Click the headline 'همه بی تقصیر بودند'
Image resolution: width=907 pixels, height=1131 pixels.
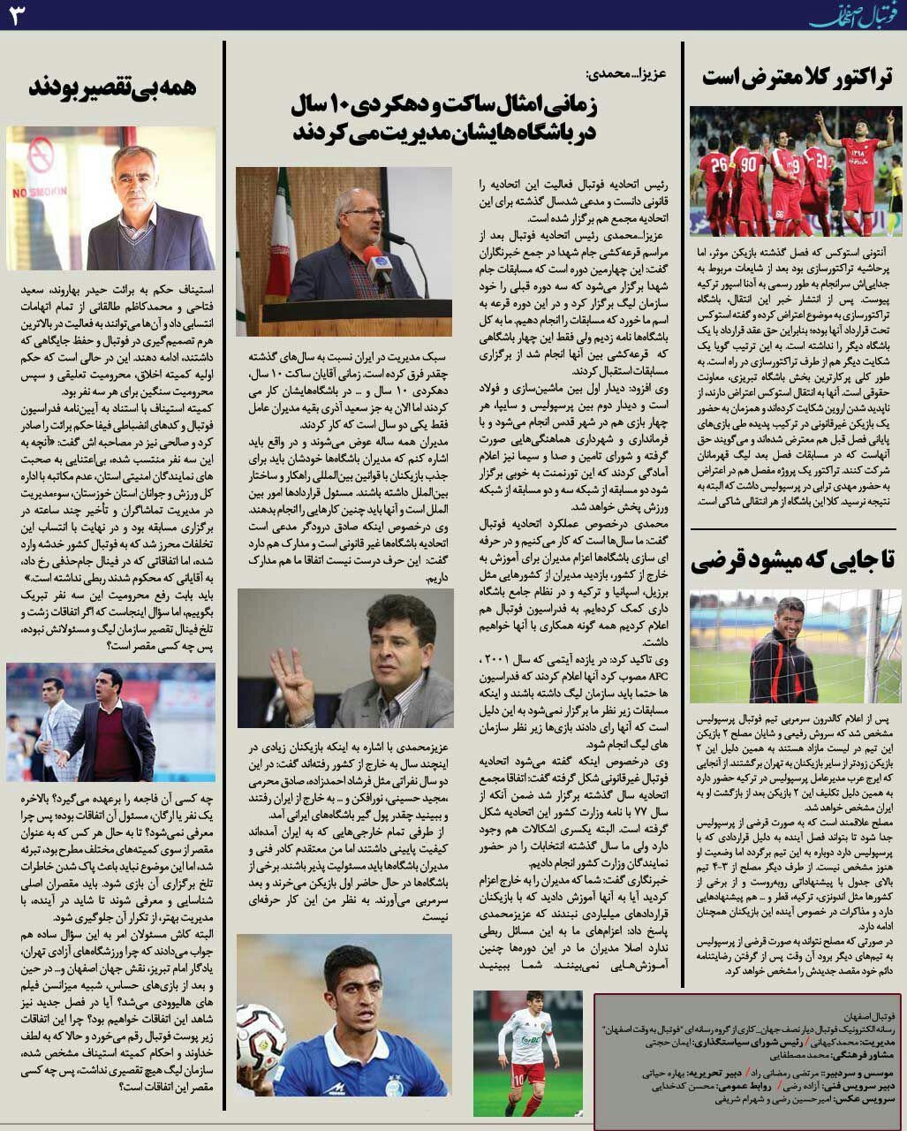[112, 88]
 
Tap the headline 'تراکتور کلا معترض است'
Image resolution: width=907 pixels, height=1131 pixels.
[796, 77]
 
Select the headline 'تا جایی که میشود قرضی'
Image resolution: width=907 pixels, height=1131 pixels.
[792, 559]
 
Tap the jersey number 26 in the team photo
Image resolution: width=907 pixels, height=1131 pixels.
[718, 164]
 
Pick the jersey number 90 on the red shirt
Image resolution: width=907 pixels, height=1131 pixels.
[750, 164]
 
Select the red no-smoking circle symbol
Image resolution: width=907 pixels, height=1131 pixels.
[41, 156]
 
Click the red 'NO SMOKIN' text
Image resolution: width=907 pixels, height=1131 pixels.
[34, 192]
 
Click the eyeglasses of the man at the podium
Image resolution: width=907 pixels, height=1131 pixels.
[364, 213]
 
